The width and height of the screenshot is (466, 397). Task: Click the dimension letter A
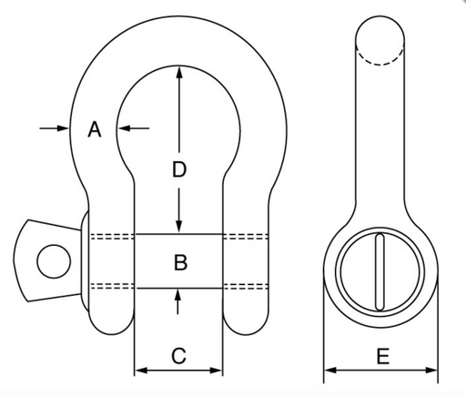(x=95, y=129)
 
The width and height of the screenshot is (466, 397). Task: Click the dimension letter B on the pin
(x=180, y=262)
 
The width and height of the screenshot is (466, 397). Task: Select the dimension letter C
(x=178, y=356)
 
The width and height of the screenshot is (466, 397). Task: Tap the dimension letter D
(x=179, y=169)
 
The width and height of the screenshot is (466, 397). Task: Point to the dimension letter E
(x=383, y=356)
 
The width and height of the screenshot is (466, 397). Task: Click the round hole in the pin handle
(x=54, y=261)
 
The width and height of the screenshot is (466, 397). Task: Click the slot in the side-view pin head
(x=380, y=271)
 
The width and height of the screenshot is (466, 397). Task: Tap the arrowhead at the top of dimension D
(x=179, y=72)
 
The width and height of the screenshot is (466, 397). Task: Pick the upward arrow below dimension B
(x=177, y=301)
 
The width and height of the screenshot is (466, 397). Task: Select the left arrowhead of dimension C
(x=141, y=371)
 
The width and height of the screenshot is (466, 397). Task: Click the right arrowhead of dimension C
(x=216, y=371)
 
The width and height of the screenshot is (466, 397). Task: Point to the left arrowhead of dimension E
(x=330, y=371)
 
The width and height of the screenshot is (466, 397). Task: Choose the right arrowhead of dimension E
(x=431, y=371)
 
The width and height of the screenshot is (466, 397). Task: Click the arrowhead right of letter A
(x=124, y=128)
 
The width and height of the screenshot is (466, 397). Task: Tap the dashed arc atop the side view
(x=380, y=57)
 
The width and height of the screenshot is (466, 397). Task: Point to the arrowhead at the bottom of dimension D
(x=179, y=227)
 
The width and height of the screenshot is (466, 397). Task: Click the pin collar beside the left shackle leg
(x=85, y=261)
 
